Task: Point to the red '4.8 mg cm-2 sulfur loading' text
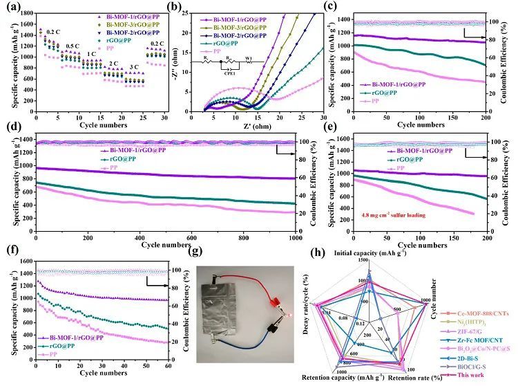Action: coord(388,215)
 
